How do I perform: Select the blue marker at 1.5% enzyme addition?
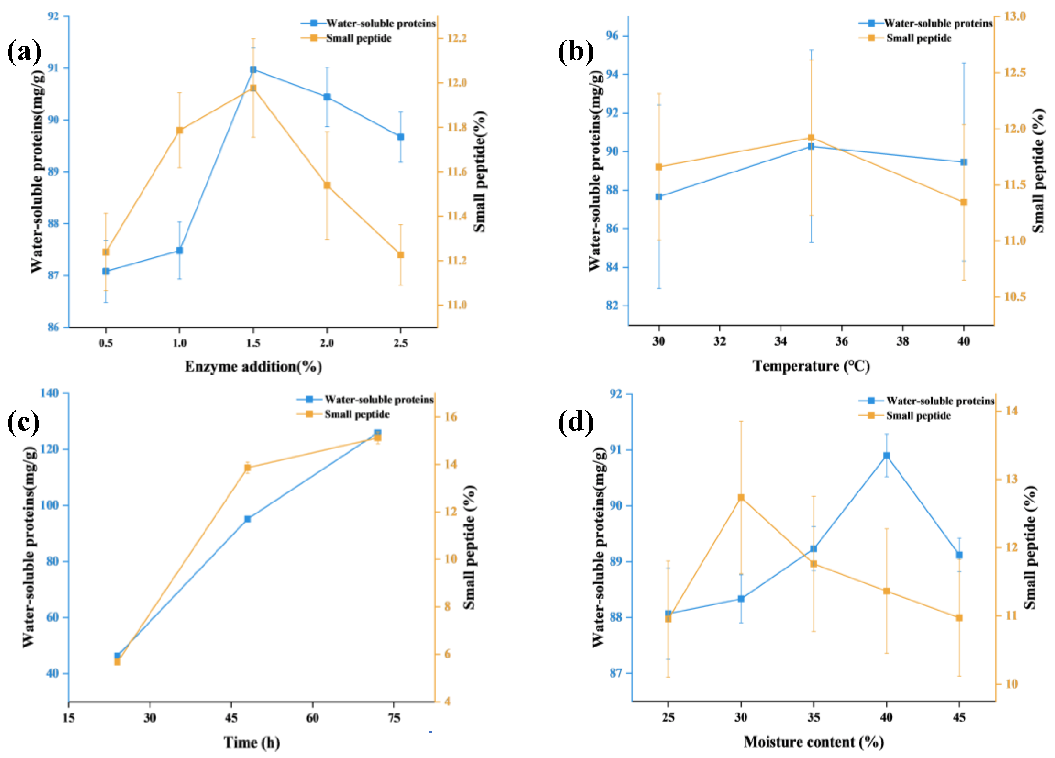[253, 69]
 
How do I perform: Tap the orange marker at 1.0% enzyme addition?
[179, 130]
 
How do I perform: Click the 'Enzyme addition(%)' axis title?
[253, 367]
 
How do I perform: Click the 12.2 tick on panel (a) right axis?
[457, 38]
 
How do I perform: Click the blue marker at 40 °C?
[964, 162]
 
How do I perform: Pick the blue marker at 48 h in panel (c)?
[248, 519]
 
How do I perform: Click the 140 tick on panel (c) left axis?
[50, 393]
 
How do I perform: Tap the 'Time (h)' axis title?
[252, 742]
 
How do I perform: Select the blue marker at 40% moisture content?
[886, 455]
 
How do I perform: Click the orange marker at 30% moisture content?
[741, 497]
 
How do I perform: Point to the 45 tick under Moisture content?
[959, 717]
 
